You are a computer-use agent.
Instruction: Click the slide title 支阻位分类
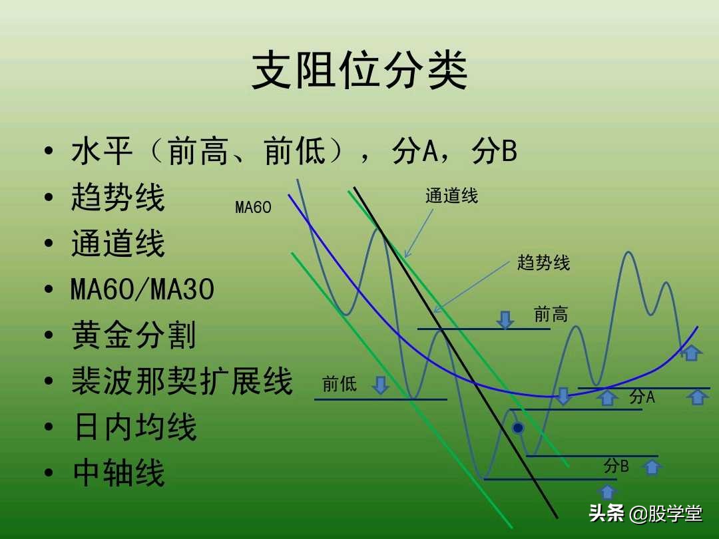pyautogui.click(x=359, y=72)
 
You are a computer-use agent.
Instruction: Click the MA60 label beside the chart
pyautogui.click(x=253, y=208)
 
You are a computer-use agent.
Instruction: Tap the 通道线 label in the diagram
pyautogui.click(x=451, y=196)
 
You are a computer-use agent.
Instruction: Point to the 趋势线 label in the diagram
pyautogui.click(x=543, y=262)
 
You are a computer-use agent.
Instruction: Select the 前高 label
pyautogui.click(x=551, y=314)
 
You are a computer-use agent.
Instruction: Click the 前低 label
pyautogui.click(x=339, y=384)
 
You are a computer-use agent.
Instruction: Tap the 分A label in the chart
pyautogui.click(x=642, y=397)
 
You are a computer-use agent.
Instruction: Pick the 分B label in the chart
pyautogui.click(x=616, y=466)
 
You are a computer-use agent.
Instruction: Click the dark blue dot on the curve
pyautogui.click(x=517, y=428)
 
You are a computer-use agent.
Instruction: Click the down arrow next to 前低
pyautogui.click(x=380, y=385)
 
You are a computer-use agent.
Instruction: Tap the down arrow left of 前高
pyautogui.click(x=505, y=320)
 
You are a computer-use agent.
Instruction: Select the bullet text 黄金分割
pyautogui.click(x=133, y=335)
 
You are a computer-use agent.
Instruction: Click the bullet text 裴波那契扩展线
pyautogui.click(x=182, y=381)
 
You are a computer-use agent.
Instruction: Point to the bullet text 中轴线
pyautogui.click(x=119, y=473)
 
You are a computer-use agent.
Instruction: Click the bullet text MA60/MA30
pyautogui.click(x=142, y=289)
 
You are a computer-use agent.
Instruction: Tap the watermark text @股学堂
pyautogui.click(x=666, y=514)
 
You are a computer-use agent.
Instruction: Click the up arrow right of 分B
pyautogui.click(x=652, y=467)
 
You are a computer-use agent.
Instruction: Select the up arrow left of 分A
pyautogui.click(x=607, y=398)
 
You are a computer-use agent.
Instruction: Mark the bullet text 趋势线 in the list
pyautogui.click(x=118, y=198)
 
